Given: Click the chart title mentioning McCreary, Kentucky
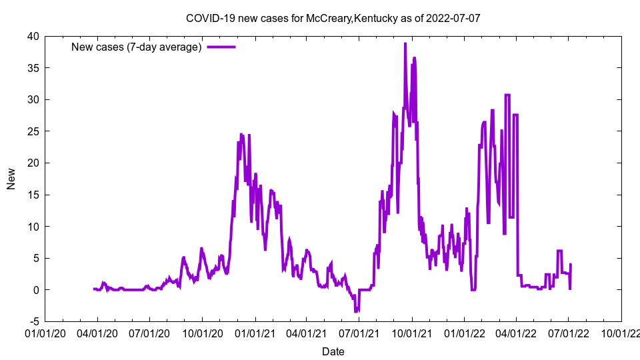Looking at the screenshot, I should (x=333, y=19).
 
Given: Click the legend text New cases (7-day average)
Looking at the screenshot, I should (x=137, y=47).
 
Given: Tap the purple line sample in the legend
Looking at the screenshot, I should (x=221, y=47).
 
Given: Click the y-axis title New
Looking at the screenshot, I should (x=11, y=179).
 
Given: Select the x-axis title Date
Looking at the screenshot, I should (x=333, y=351).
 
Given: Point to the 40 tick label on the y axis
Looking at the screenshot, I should (x=33, y=36).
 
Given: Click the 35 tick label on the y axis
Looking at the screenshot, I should (x=33, y=68).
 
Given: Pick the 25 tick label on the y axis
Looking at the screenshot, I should (x=33, y=131).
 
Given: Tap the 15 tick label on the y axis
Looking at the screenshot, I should (x=33, y=195).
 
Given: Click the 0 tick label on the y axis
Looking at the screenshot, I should (x=35, y=290).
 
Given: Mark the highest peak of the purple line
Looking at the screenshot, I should (x=405, y=44).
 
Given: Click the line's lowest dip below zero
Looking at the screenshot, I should (x=356, y=311).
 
